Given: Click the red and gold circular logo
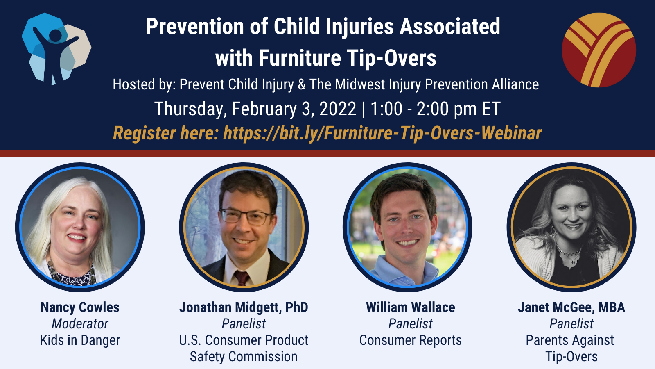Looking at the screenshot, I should [x=599, y=50].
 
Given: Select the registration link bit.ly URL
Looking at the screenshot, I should [x=382, y=133].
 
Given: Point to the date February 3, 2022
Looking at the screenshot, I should [x=294, y=109].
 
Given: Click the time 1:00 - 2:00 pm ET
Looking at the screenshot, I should [x=435, y=109].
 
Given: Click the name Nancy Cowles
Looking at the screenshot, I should [x=80, y=307].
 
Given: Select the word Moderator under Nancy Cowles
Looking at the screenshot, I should [x=80, y=324].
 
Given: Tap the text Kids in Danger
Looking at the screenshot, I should [x=80, y=340].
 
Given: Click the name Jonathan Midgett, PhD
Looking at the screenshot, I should [x=244, y=307].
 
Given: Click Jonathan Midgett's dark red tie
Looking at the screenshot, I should [x=241, y=278].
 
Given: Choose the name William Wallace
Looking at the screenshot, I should [x=410, y=307].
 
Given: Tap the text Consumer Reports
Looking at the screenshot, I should [x=410, y=340].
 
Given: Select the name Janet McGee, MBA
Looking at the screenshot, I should [x=571, y=307].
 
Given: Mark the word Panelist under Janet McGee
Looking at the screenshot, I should [x=571, y=324].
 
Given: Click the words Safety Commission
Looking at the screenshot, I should [x=244, y=357].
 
